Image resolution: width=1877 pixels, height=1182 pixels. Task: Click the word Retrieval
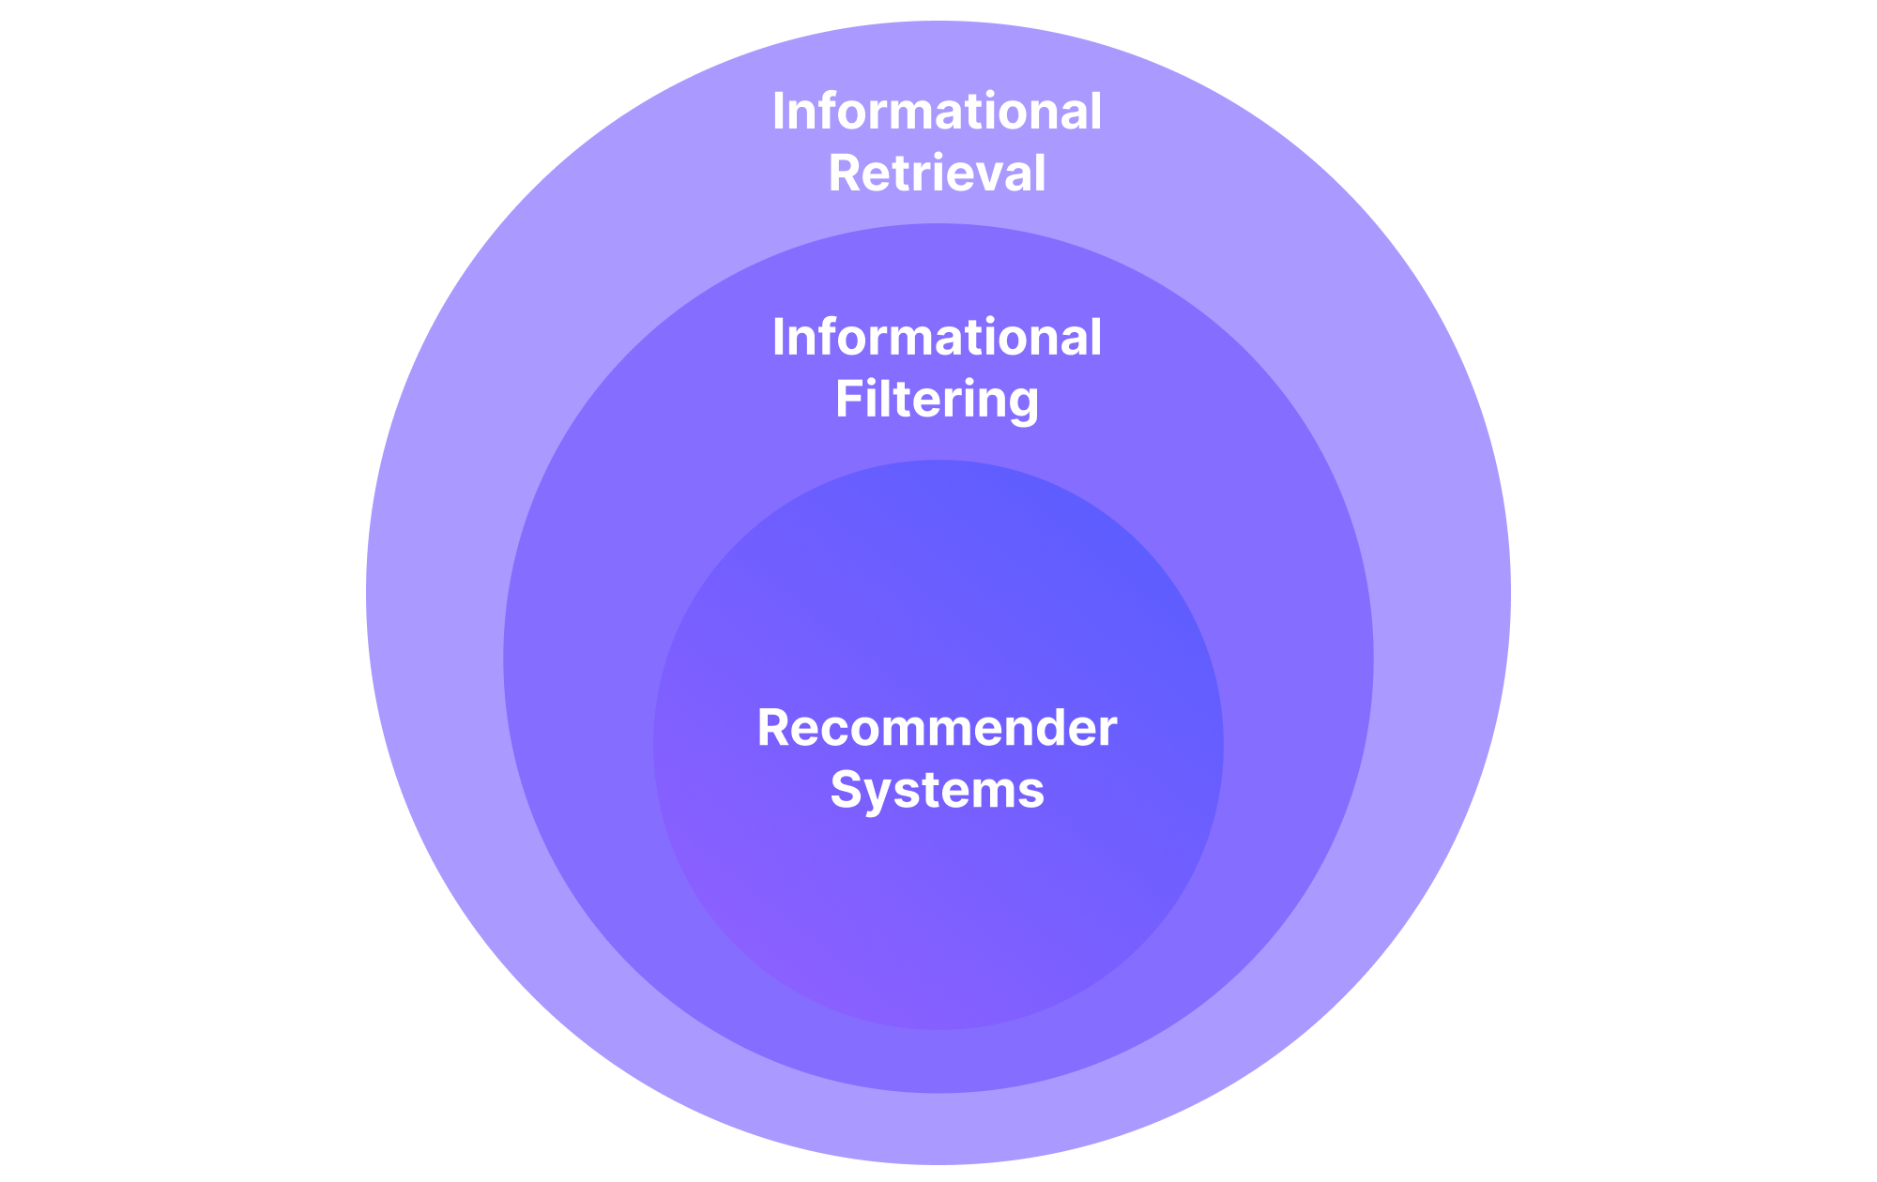coord(937,174)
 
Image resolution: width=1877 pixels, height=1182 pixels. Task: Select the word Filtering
coord(937,400)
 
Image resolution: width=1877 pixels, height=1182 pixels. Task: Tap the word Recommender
coord(937,728)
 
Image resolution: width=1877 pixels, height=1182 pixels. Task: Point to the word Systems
coord(937,790)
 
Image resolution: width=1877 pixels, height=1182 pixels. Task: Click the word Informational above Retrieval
coord(937,112)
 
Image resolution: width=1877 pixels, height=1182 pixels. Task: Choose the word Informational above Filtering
coord(937,338)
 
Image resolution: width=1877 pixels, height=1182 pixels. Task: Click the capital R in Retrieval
coord(844,174)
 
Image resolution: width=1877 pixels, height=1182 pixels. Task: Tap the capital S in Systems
coord(847,790)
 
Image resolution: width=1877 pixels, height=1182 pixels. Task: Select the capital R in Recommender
coord(772,728)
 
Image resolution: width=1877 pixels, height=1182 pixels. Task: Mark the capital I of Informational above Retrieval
coord(778,112)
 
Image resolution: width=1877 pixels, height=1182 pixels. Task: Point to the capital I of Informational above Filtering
coord(778,338)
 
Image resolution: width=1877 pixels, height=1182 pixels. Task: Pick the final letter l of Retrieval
coord(1039,174)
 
